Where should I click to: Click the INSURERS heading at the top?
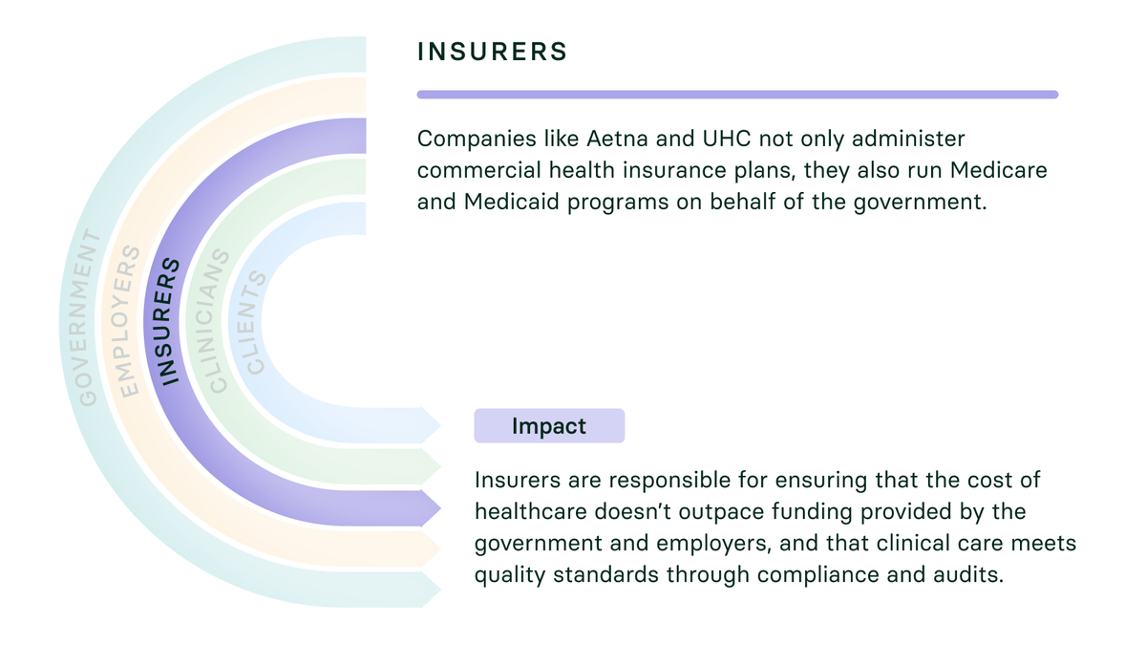[492, 52]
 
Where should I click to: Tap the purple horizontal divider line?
[737, 95]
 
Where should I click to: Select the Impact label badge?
[549, 426]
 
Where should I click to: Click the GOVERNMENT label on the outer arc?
[88, 317]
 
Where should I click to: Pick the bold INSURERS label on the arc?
[169, 321]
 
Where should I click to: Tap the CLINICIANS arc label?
[218, 321]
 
